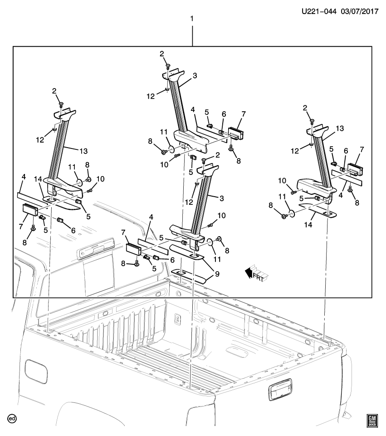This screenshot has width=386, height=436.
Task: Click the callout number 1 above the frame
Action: coord(192,19)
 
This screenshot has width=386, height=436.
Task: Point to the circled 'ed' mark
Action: coord(12,418)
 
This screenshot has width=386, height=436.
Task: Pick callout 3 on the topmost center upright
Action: coord(194,76)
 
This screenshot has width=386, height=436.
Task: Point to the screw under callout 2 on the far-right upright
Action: coord(313,122)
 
